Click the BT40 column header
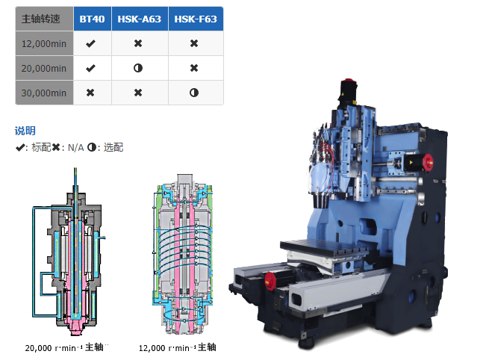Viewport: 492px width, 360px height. click(92, 19)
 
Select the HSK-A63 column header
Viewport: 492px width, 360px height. click(140, 19)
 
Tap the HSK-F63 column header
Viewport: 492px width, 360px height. click(196, 19)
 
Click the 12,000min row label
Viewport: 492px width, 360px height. click(44, 43)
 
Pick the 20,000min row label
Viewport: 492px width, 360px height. click(44, 68)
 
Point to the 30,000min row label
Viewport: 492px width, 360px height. click(44, 93)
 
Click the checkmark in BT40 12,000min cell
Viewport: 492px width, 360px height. click(90, 43)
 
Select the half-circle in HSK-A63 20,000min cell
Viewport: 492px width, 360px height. click(138, 68)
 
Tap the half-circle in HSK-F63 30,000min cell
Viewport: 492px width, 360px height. click(194, 93)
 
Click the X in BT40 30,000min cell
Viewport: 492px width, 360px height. click(90, 93)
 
